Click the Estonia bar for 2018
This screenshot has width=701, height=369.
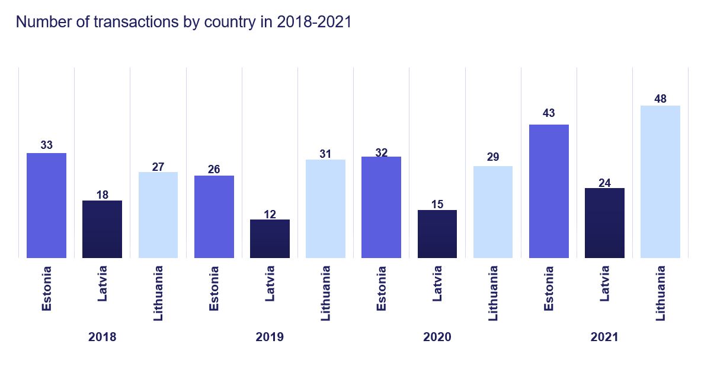point(46,205)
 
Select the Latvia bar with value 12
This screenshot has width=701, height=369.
point(270,238)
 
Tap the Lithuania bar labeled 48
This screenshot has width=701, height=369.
point(660,182)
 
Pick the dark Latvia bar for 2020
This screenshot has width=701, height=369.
point(437,234)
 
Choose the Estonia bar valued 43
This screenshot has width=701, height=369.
point(549,191)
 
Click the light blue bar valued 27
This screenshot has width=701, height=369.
point(158,215)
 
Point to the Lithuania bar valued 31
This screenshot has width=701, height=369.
point(325,208)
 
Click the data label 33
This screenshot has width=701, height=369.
point(46,145)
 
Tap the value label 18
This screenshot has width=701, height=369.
point(102,195)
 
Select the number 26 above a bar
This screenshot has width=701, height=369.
point(214,170)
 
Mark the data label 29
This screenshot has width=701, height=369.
point(493,157)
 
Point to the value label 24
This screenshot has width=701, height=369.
point(604,183)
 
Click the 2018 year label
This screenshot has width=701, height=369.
point(102,337)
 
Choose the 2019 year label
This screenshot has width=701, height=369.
point(270,337)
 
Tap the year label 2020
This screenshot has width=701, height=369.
point(437,337)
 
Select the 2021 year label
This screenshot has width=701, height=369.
point(604,337)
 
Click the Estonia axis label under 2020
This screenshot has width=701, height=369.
point(382,288)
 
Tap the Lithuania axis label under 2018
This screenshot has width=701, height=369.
point(158,293)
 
